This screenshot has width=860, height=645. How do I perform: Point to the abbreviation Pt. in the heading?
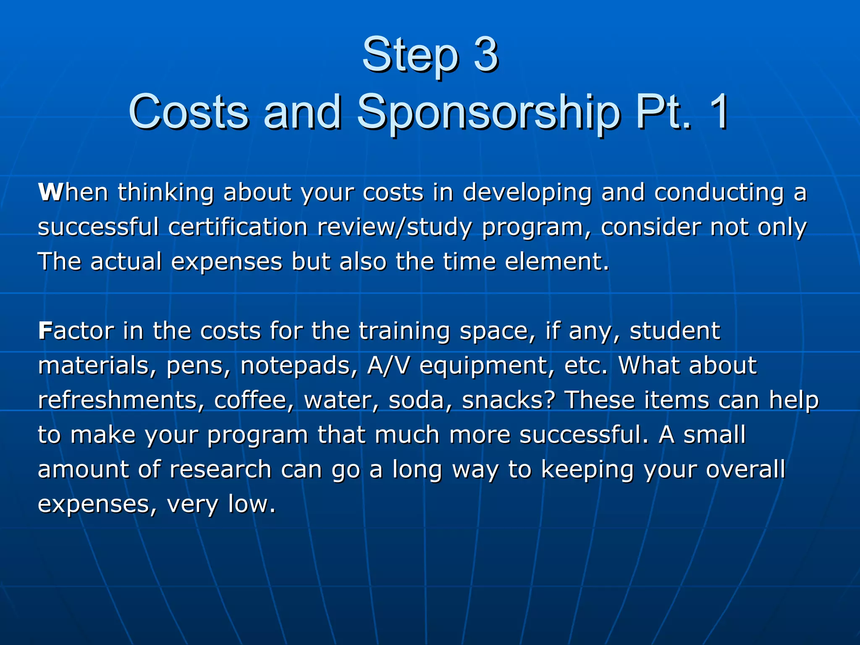663,112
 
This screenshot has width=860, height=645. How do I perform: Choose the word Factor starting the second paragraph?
76,331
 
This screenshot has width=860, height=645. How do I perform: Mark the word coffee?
254,400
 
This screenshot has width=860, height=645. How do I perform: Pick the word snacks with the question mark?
509,400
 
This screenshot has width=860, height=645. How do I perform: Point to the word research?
220,469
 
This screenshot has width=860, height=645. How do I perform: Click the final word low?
252,504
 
